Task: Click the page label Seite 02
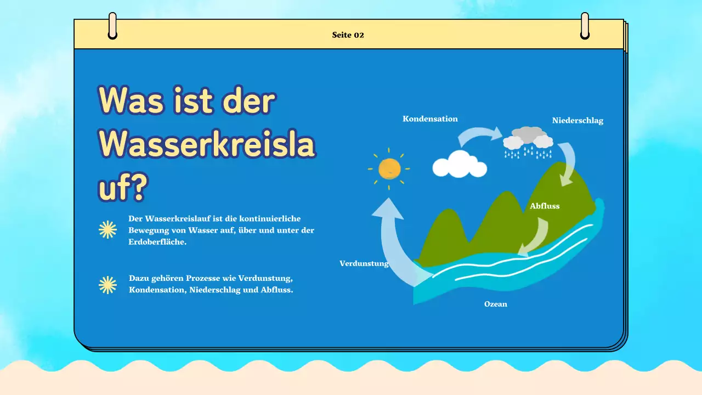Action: click(x=348, y=35)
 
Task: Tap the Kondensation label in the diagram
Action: click(x=430, y=119)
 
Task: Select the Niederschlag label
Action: click(x=578, y=121)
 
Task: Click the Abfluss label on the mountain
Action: click(x=545, y=206)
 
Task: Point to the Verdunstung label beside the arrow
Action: click(x=364, y=263)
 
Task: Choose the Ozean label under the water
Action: click(x=495, y=304)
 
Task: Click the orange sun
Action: click(x=389, y=168)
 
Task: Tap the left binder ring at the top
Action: click(x=112, y=26)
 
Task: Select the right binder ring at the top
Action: click(x=585, y=26)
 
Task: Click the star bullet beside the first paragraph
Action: click(x=107, y=230)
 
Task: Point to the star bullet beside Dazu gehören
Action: click(x=107, y=285)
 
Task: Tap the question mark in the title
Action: click(x=137, y=188)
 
